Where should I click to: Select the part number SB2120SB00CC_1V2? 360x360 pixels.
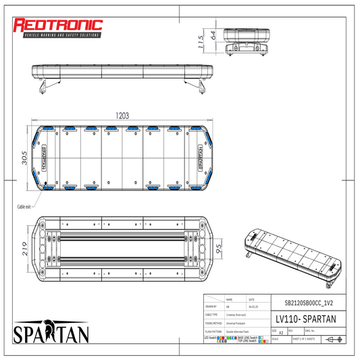pyautogui.click(x=304, y=304)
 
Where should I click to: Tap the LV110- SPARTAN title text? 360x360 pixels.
pyautogui.click(x=304, y=318)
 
